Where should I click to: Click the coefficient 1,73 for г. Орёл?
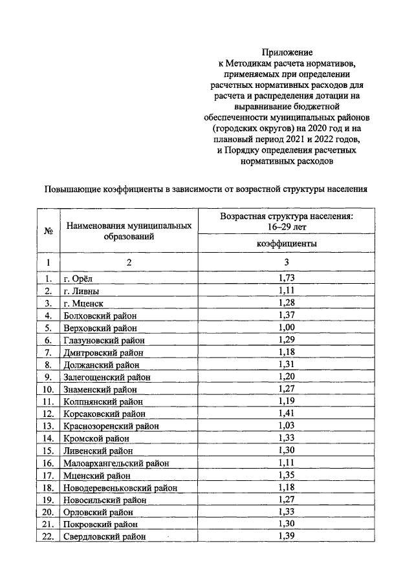286,279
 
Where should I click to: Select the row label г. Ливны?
81,291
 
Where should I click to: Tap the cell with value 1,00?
286,328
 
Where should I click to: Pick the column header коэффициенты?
287,243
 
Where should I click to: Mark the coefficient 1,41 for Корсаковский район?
286,413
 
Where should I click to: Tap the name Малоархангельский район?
115,463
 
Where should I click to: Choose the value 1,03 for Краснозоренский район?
286,425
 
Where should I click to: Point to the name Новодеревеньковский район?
120,487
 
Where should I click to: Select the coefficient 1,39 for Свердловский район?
286,537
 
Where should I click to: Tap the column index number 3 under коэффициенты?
287,262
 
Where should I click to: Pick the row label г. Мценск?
83,303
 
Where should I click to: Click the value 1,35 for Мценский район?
286,475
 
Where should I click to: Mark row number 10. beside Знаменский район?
48,389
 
